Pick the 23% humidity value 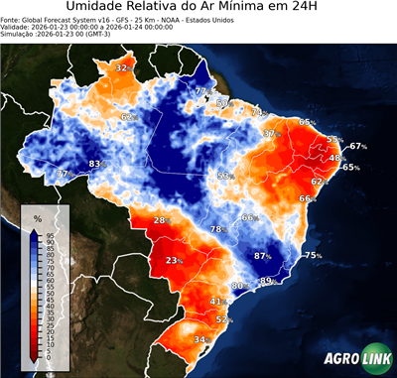tap(175, 261)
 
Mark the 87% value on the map tap(263, 256)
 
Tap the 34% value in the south tap(201, 340)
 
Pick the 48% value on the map tap(337, 159)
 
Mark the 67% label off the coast tap(357, 146)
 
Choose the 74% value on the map tap(257, 112)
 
